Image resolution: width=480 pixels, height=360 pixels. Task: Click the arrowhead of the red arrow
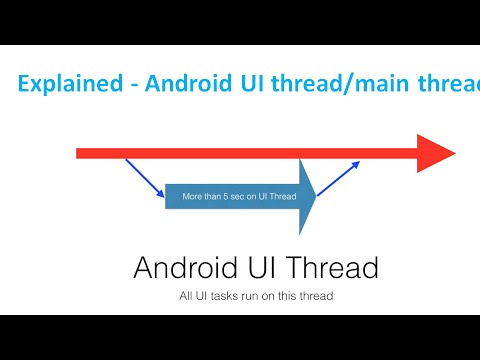pos(436,153)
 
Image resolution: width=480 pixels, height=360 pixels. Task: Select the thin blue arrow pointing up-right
pos(339,177)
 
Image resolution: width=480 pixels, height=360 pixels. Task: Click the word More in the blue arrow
pos(193,196)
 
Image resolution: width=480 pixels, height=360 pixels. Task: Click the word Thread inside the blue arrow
pos(284,196)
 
